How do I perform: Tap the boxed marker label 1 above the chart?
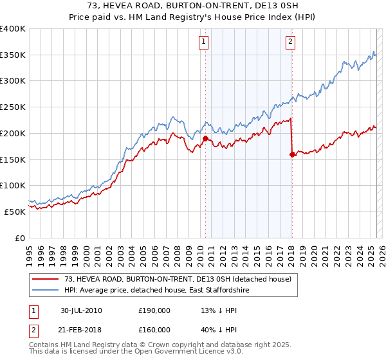click(x=203, y=42)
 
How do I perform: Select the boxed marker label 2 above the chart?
click(x=290, y=42)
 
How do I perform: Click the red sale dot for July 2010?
click(x=206, y=138)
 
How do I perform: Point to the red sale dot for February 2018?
click(x=292, y=154)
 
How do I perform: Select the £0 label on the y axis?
click(x=21, y=238)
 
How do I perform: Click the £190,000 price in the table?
click(x=154, y=310)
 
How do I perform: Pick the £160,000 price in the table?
click(x=154, y=332)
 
